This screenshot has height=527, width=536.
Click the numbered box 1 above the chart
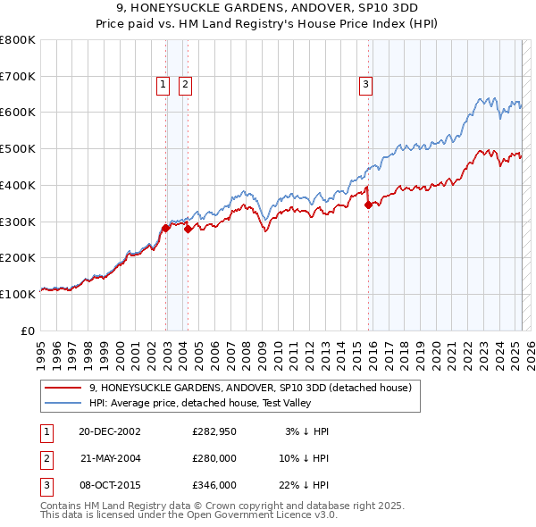(163, 85)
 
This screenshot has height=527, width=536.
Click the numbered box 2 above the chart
(185, 85)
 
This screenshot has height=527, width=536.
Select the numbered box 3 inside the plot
(366, 85)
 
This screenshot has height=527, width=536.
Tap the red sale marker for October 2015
(369, 205)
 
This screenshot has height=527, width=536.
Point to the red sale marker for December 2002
(166, 228)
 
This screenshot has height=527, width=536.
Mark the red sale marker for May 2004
(188, 229)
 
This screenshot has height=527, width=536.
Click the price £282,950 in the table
(214, 431)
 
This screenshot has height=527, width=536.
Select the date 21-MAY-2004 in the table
(110, 458)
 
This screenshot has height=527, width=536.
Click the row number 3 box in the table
(46, 485)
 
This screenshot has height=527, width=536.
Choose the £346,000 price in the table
(214, 485)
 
